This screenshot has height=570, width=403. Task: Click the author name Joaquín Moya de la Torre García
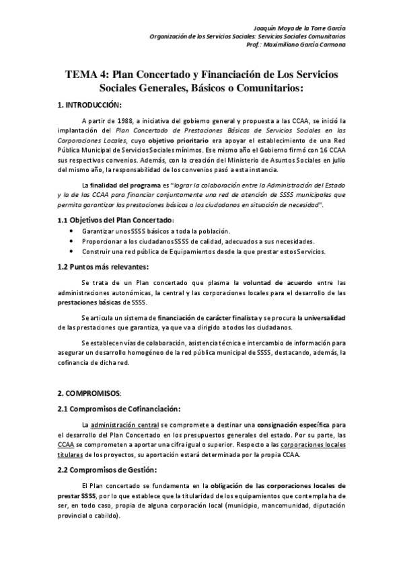[x=299, y=26]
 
